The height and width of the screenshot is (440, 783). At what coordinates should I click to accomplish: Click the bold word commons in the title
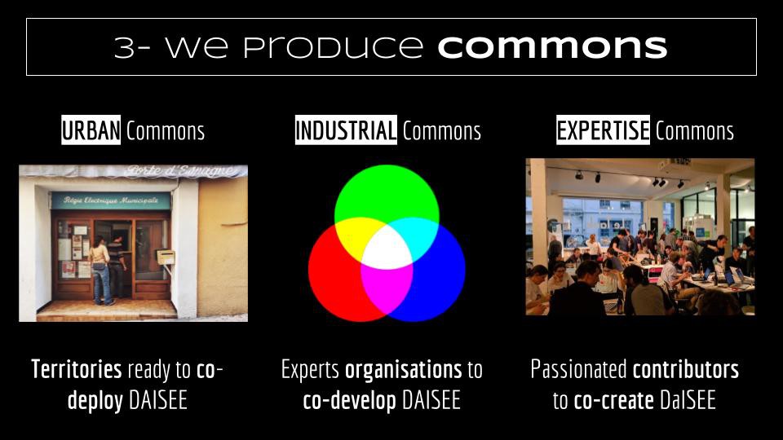point(552,47)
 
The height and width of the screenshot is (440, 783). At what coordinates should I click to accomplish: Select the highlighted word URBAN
point(91,130)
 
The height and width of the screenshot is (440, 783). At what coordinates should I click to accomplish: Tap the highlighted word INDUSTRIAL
point(346,130)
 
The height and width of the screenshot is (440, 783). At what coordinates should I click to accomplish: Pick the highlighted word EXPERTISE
point(604,130)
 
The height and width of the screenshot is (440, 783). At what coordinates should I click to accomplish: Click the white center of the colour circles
point(387,248)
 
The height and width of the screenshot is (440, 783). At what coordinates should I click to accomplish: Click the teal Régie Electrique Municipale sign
point(110,200)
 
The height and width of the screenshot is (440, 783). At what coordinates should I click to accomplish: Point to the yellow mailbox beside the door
point(166,257)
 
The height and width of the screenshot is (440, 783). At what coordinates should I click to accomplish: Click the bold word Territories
point(77,370)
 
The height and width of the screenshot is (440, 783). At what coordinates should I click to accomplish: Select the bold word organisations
point(404,370)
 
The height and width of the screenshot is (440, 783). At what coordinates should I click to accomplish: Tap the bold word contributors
point(686,370)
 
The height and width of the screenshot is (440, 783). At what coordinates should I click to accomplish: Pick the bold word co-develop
point(350,401)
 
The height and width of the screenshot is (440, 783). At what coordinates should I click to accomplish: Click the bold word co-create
point(613,401)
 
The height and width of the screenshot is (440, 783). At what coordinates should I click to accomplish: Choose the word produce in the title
point(333,47)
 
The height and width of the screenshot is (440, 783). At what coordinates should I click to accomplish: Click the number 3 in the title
point(125,47)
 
